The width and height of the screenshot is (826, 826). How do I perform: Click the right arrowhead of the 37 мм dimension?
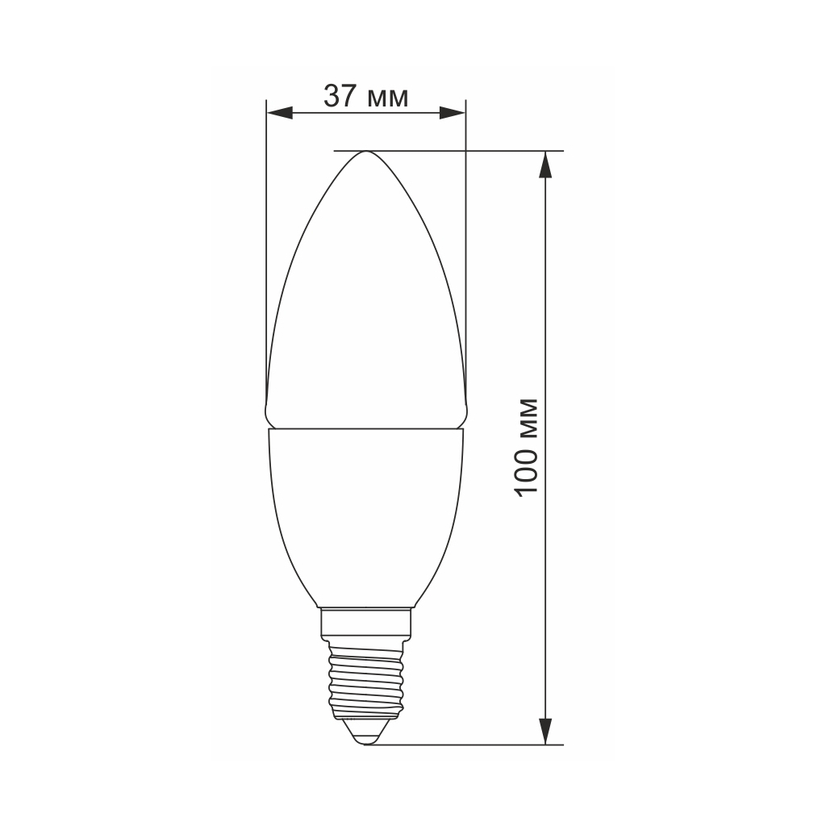453,113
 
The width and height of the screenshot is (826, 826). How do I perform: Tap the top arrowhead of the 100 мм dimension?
546,165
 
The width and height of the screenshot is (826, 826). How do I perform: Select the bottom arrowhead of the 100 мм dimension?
546,731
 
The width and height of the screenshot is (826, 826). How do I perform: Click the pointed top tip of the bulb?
365,152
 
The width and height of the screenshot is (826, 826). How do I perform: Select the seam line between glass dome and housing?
365,428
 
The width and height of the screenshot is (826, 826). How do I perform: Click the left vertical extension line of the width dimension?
266,242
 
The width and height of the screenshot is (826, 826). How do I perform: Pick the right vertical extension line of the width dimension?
465,242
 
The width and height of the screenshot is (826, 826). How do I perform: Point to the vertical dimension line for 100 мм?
546,323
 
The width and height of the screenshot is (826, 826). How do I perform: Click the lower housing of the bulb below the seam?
365,516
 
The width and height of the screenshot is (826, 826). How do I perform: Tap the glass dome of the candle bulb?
365,307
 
